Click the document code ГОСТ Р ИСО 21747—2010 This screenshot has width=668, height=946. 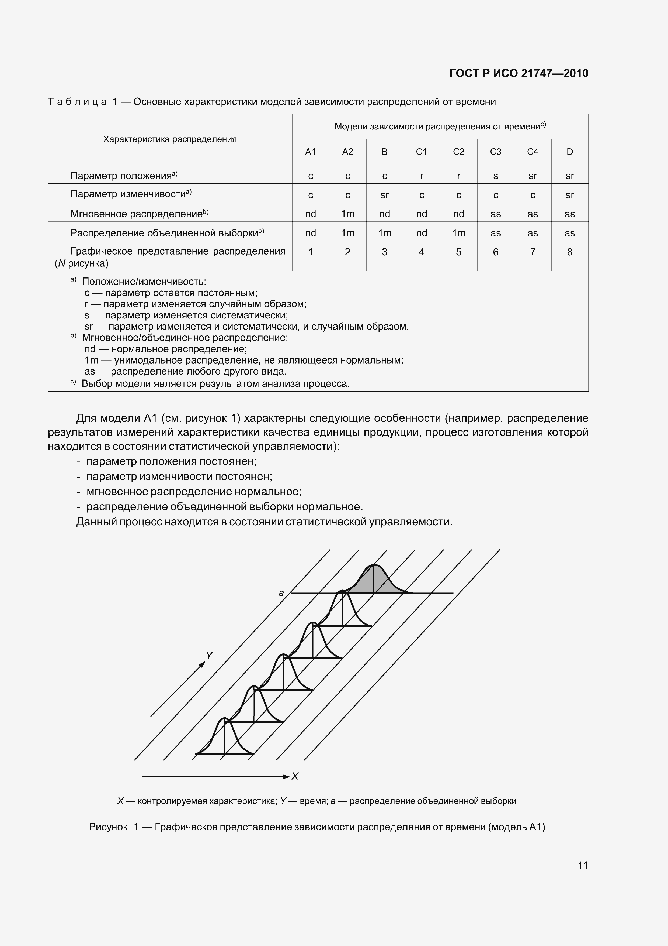(x=519, y=73)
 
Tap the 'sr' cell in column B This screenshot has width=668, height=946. (x=384, y=195)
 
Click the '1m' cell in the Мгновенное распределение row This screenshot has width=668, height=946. (x=347, y=214)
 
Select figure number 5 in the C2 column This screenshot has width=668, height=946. (x=458, y=252)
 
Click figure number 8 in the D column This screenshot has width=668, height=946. (x=570, y=252)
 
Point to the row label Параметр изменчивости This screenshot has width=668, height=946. (x=131, y=194)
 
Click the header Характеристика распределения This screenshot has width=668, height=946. (x=170, y=139)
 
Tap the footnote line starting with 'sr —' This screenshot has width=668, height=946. (x=246, y=327)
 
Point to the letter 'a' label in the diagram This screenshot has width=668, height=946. (x=281, y=593)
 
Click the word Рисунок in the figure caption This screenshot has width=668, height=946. (x=108, y=827)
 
